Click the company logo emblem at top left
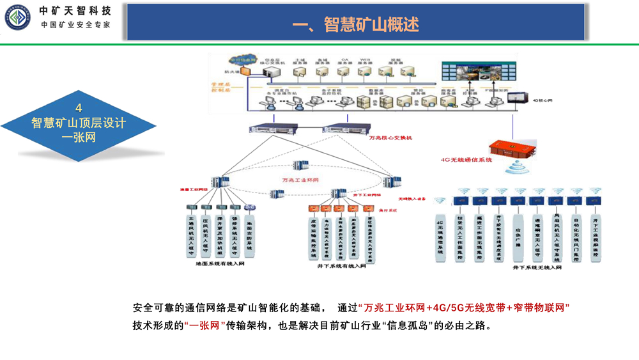tap(17, 17)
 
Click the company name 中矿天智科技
tap(75, 10)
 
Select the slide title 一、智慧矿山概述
tap(355, 24)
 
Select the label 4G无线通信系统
tap(466, 160)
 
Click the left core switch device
tap(271, 128)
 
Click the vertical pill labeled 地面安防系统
tap(250, 232)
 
